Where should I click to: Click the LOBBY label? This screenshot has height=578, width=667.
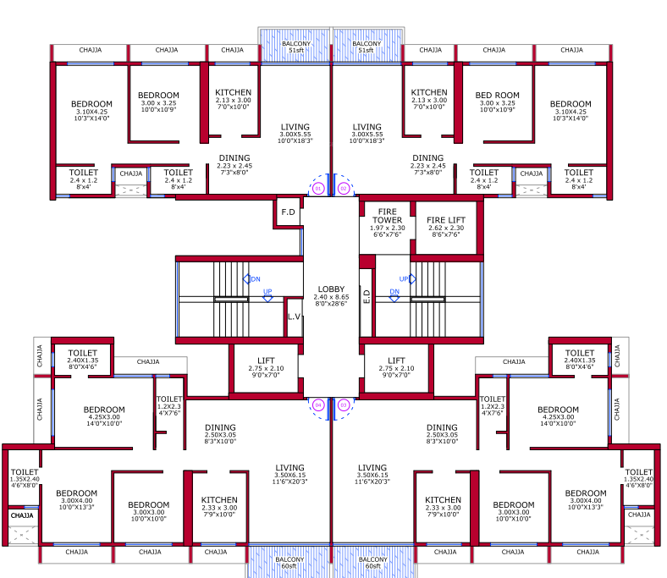click(330, 289)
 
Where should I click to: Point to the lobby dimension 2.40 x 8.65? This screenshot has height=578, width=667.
click(330, 297)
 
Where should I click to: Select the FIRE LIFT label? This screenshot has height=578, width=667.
click(445, 220)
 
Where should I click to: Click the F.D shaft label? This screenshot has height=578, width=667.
click(288, 212)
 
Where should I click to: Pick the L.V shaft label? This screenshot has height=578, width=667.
click(294, 317)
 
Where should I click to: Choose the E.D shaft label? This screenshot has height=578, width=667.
click(367, 298)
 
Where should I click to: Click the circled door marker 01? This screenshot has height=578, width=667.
click(318, 188)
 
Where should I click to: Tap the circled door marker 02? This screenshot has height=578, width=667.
click(344, 188)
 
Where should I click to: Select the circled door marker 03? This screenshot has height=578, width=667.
click(344, 405)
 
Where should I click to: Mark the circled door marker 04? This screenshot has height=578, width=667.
click(318, 405)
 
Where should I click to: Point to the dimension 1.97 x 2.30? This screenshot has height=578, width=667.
click(387, 228)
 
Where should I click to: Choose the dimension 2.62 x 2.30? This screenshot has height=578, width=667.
click(445, 228)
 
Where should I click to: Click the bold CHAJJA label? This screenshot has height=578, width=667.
click(23, 515)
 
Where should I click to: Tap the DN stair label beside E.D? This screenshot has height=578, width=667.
click(394, 292)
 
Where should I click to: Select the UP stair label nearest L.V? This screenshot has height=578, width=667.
click(267, 292)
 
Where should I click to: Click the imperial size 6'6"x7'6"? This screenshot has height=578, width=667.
click(387, 235)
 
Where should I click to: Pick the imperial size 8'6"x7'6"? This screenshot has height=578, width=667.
click(445, 235)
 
